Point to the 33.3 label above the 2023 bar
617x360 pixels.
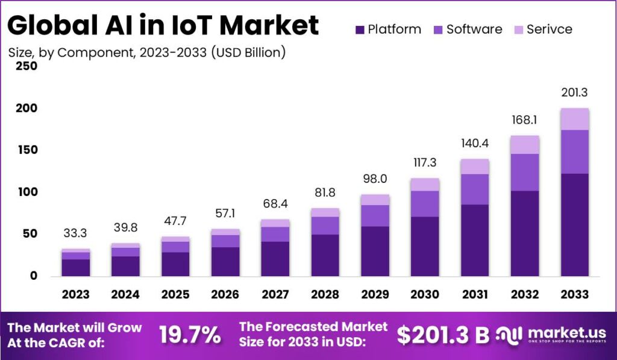75,233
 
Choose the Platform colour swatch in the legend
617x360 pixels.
360,29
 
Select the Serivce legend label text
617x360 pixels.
549,29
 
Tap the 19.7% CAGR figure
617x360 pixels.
190,335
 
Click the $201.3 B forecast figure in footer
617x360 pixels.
443,335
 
